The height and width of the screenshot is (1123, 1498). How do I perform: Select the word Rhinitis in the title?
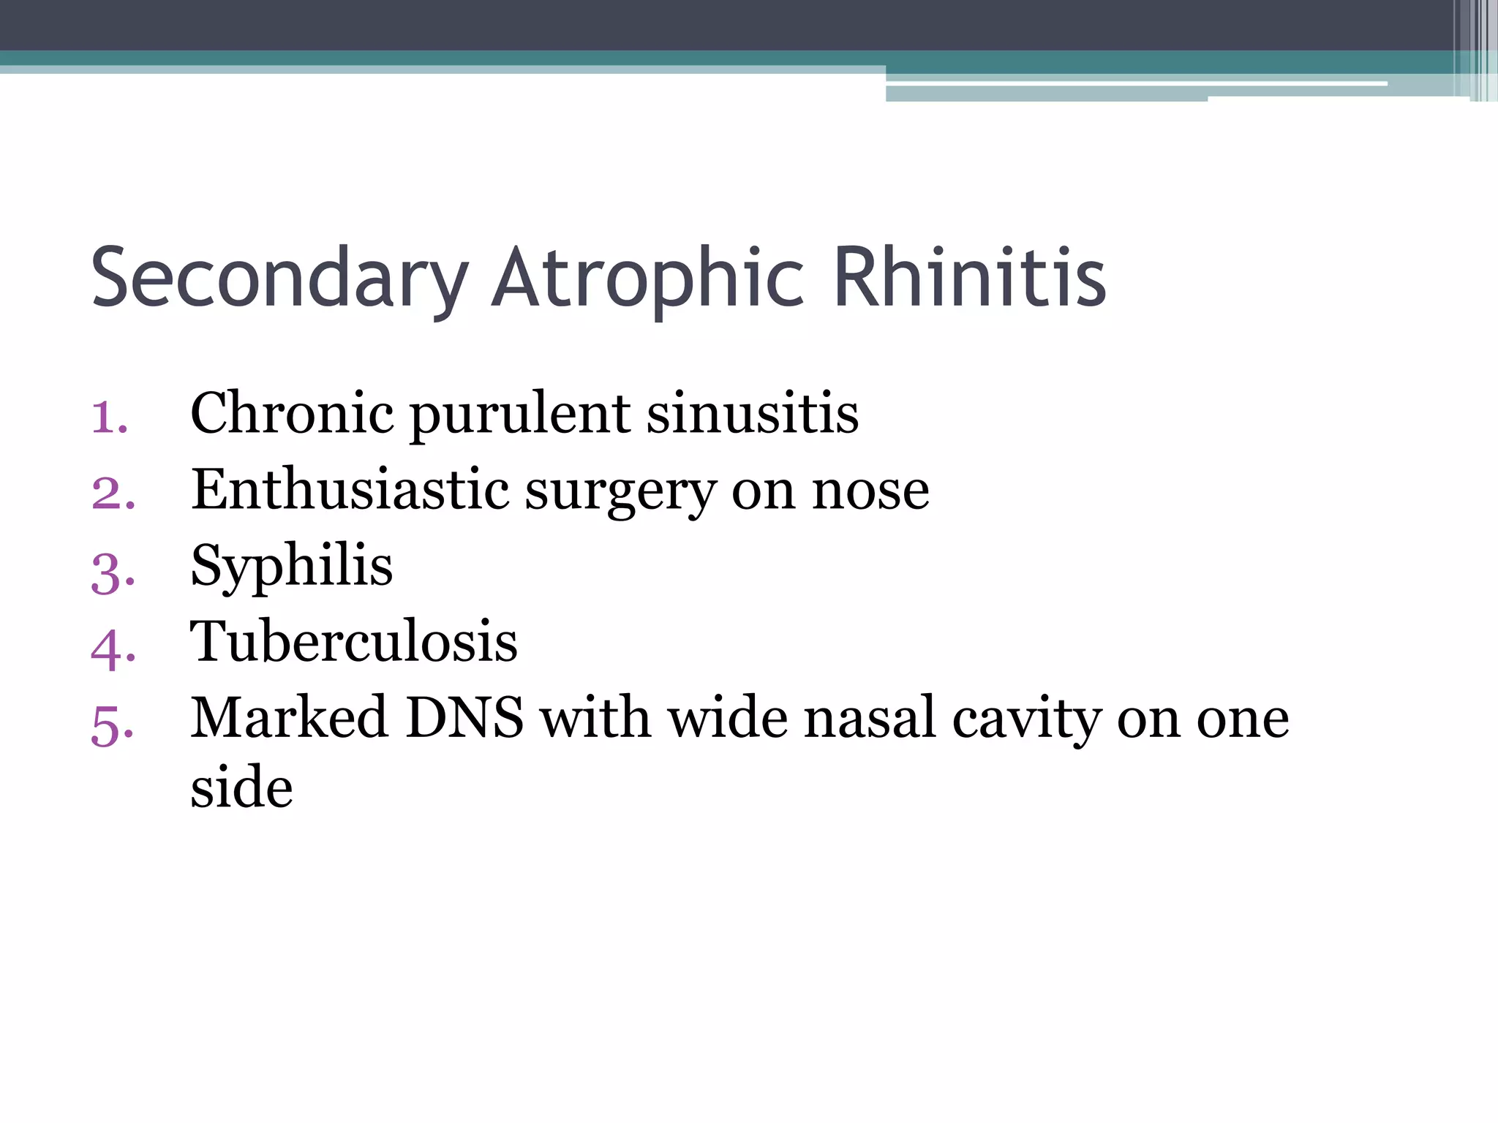point(969,278)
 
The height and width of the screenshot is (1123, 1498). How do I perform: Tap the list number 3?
point(113,572)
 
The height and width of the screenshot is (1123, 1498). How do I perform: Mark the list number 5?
point(113,726)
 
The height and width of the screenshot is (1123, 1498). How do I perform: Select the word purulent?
point(520,415)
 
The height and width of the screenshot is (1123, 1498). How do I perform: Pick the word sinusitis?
point(753,414)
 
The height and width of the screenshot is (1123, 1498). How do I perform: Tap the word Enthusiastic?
point(350,489)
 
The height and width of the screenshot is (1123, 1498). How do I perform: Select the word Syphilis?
point(291,567)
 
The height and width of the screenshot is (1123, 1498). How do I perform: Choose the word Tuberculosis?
point(354,641)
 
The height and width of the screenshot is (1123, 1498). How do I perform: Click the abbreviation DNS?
point(464,717)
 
